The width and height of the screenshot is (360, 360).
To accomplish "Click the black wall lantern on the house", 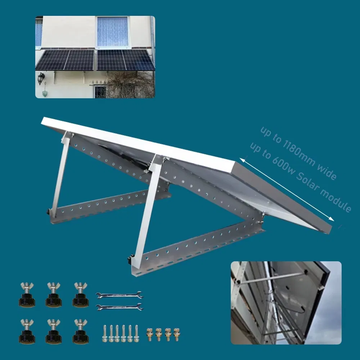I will pos(41,77).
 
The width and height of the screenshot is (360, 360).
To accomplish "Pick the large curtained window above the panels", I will pos(113,32).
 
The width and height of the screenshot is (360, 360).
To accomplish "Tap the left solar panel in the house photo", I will pos(65,60).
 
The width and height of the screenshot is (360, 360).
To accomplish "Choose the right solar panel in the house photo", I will pos(125,60).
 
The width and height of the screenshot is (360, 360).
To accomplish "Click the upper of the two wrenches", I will pos(120,296).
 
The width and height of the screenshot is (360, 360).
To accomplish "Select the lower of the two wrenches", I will pos(120,307).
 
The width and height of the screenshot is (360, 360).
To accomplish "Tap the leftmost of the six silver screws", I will pos(105,333).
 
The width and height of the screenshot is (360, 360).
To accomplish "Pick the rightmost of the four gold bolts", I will pos(176,334).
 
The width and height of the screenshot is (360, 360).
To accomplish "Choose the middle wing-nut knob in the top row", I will pos(53,295).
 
